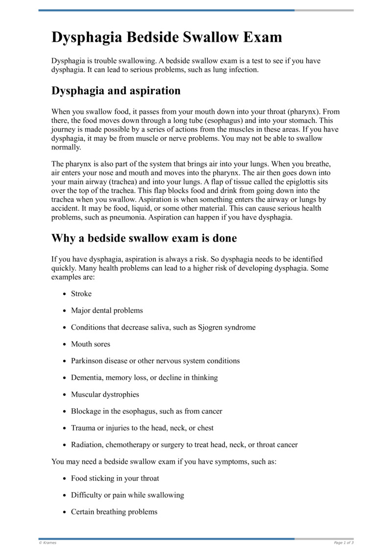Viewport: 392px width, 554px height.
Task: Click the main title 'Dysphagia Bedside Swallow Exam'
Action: (x=167, y=37)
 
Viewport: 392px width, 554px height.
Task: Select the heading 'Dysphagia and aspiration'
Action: (x=116, y=91)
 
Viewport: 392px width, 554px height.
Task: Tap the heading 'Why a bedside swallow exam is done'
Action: (x=144, y=238)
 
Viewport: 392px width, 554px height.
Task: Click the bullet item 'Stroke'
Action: (x=81, y=294)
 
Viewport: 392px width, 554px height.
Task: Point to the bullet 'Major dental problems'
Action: (x=107, y=310)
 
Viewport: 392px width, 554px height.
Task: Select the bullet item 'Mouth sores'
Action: (x=91, y=344)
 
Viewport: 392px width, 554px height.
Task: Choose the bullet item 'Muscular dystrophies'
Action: (x=105, y=394)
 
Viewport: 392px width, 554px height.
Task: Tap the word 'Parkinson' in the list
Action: (x=88, y=361)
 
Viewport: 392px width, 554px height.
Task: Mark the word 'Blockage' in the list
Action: (x=86, y=411)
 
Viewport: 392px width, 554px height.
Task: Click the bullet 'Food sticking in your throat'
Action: (x=115, y=478)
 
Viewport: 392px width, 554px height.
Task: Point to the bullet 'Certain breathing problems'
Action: (x=114, y=512)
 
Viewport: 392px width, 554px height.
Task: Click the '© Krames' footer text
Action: (x=48, y=543)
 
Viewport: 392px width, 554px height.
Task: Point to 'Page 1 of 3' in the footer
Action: (x=343, y=543)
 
